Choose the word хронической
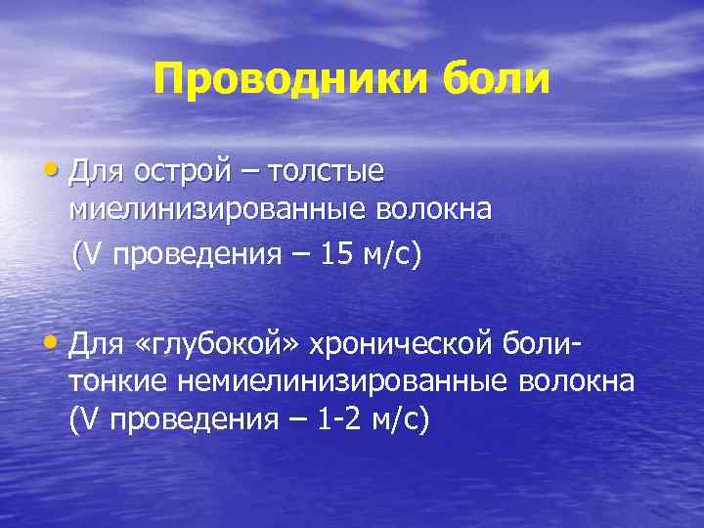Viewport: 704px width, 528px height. click(x=400, y=343)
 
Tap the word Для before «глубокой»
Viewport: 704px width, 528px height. click(x=95, y=343)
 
